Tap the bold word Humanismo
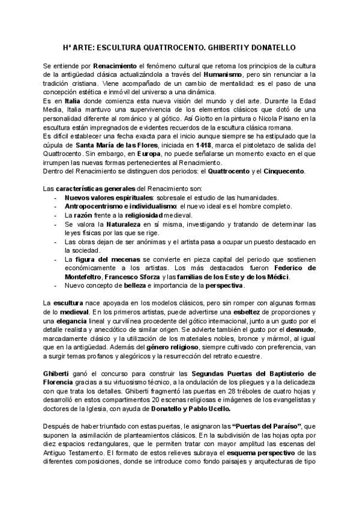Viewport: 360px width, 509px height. (x=226, y=74)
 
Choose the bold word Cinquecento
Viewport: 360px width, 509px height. (x=282, y=172)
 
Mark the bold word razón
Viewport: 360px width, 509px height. (x=85, y=215)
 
